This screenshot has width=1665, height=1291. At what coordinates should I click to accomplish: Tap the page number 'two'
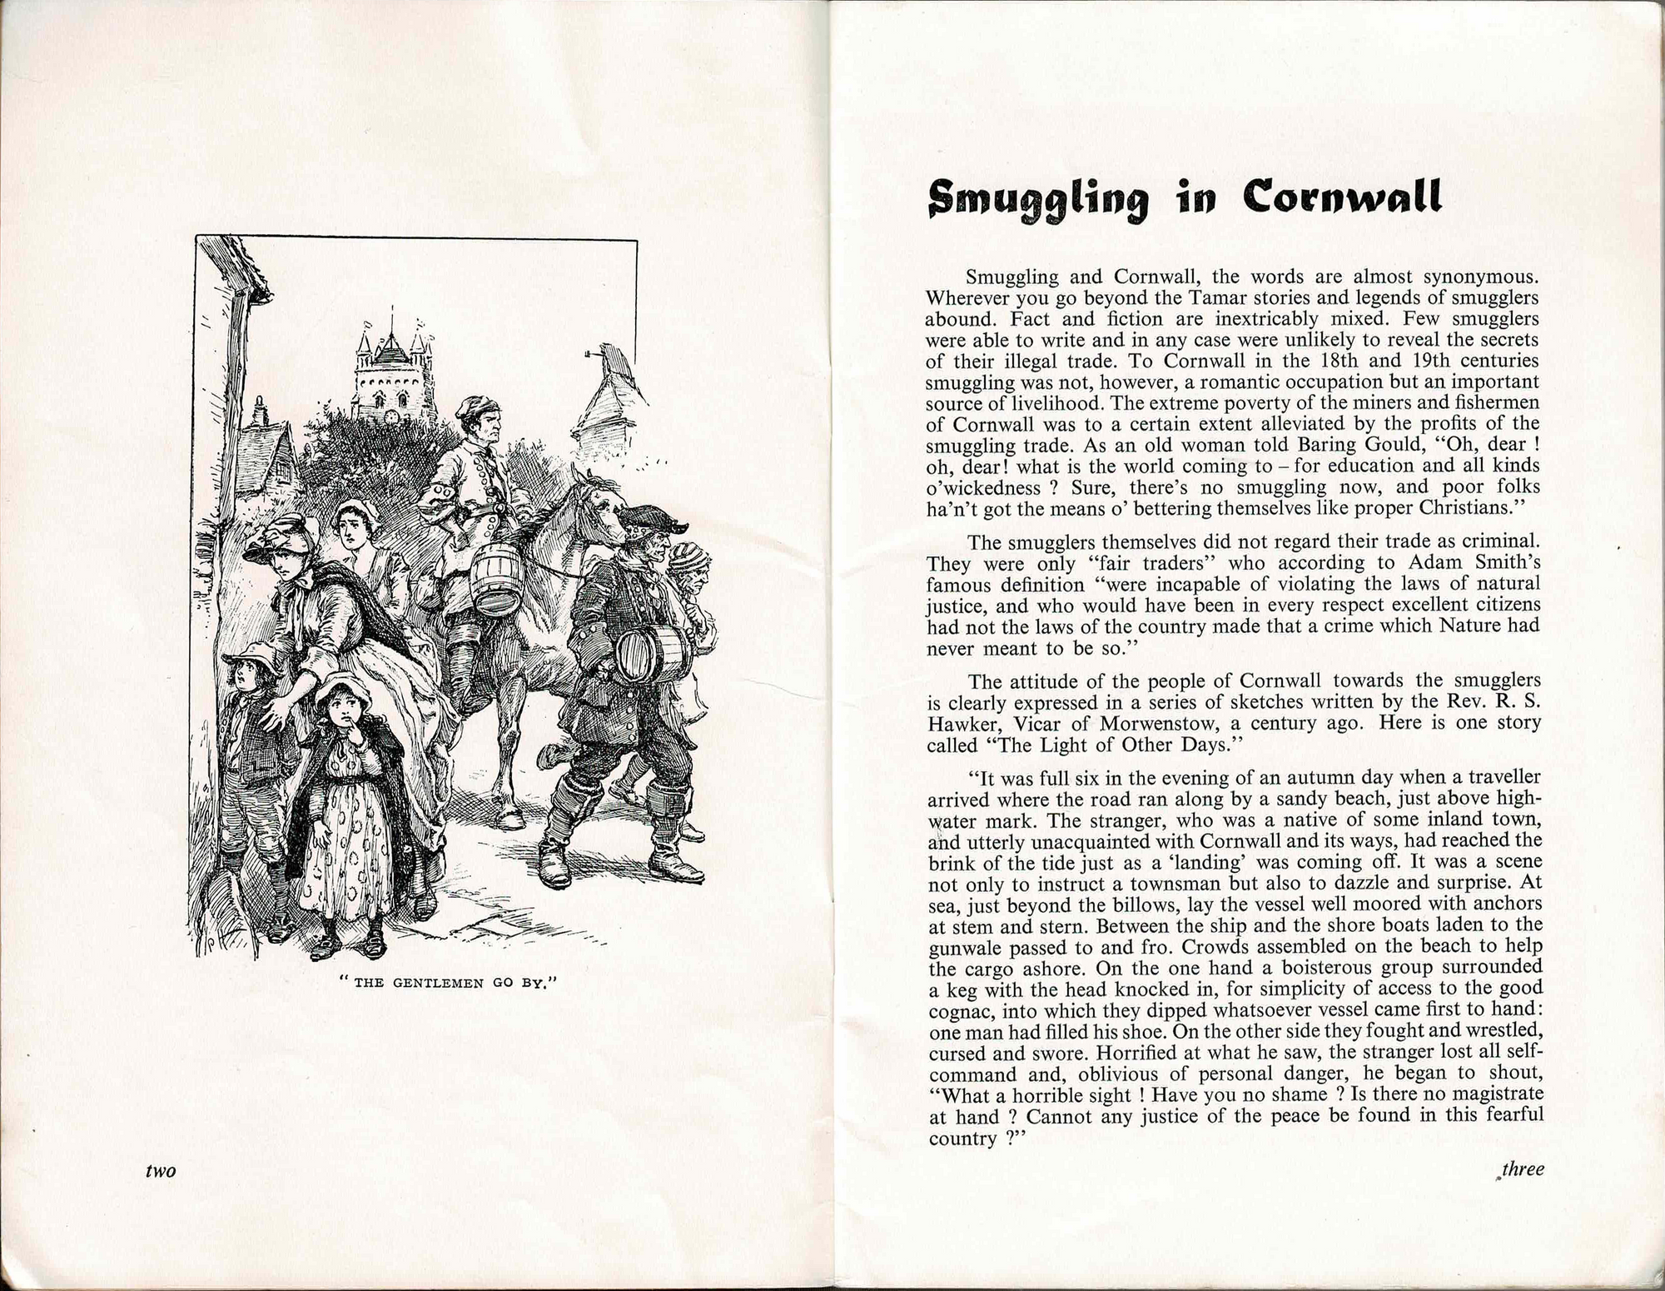[x=161, y=1171]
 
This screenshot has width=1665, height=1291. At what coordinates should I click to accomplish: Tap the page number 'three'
[x=1523, y=1169]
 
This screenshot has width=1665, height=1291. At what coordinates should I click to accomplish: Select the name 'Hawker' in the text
[x=960, y=722]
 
